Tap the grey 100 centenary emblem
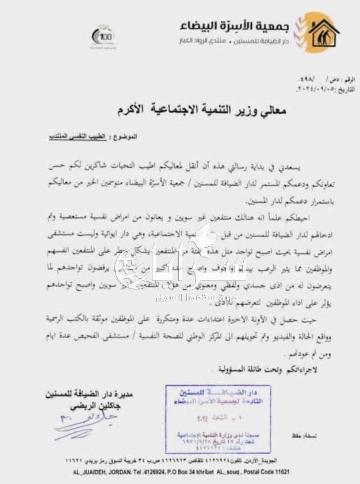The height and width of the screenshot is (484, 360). (x=103, y=36)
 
